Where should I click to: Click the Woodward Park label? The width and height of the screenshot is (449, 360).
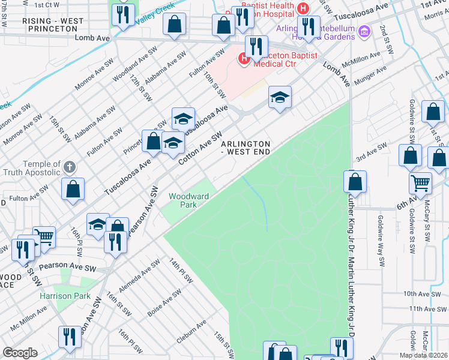(x=188, y=200)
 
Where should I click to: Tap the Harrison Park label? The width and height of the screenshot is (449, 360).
(x=65, y=296)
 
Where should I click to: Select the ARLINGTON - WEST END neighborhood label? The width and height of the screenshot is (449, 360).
(x=246, y=148)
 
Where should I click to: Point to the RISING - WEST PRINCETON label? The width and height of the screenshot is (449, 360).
(x=53, y=25)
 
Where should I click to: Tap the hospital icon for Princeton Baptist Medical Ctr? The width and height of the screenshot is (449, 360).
(x=244, y=58)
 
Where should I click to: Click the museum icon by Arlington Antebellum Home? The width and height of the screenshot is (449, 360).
(x=363, y=31)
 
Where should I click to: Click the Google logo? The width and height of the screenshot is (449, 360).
(x=20, y=353)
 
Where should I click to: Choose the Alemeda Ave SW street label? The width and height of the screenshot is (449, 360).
(x=139, y=277)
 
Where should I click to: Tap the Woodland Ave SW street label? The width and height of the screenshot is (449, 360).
(x=130, y=68)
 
